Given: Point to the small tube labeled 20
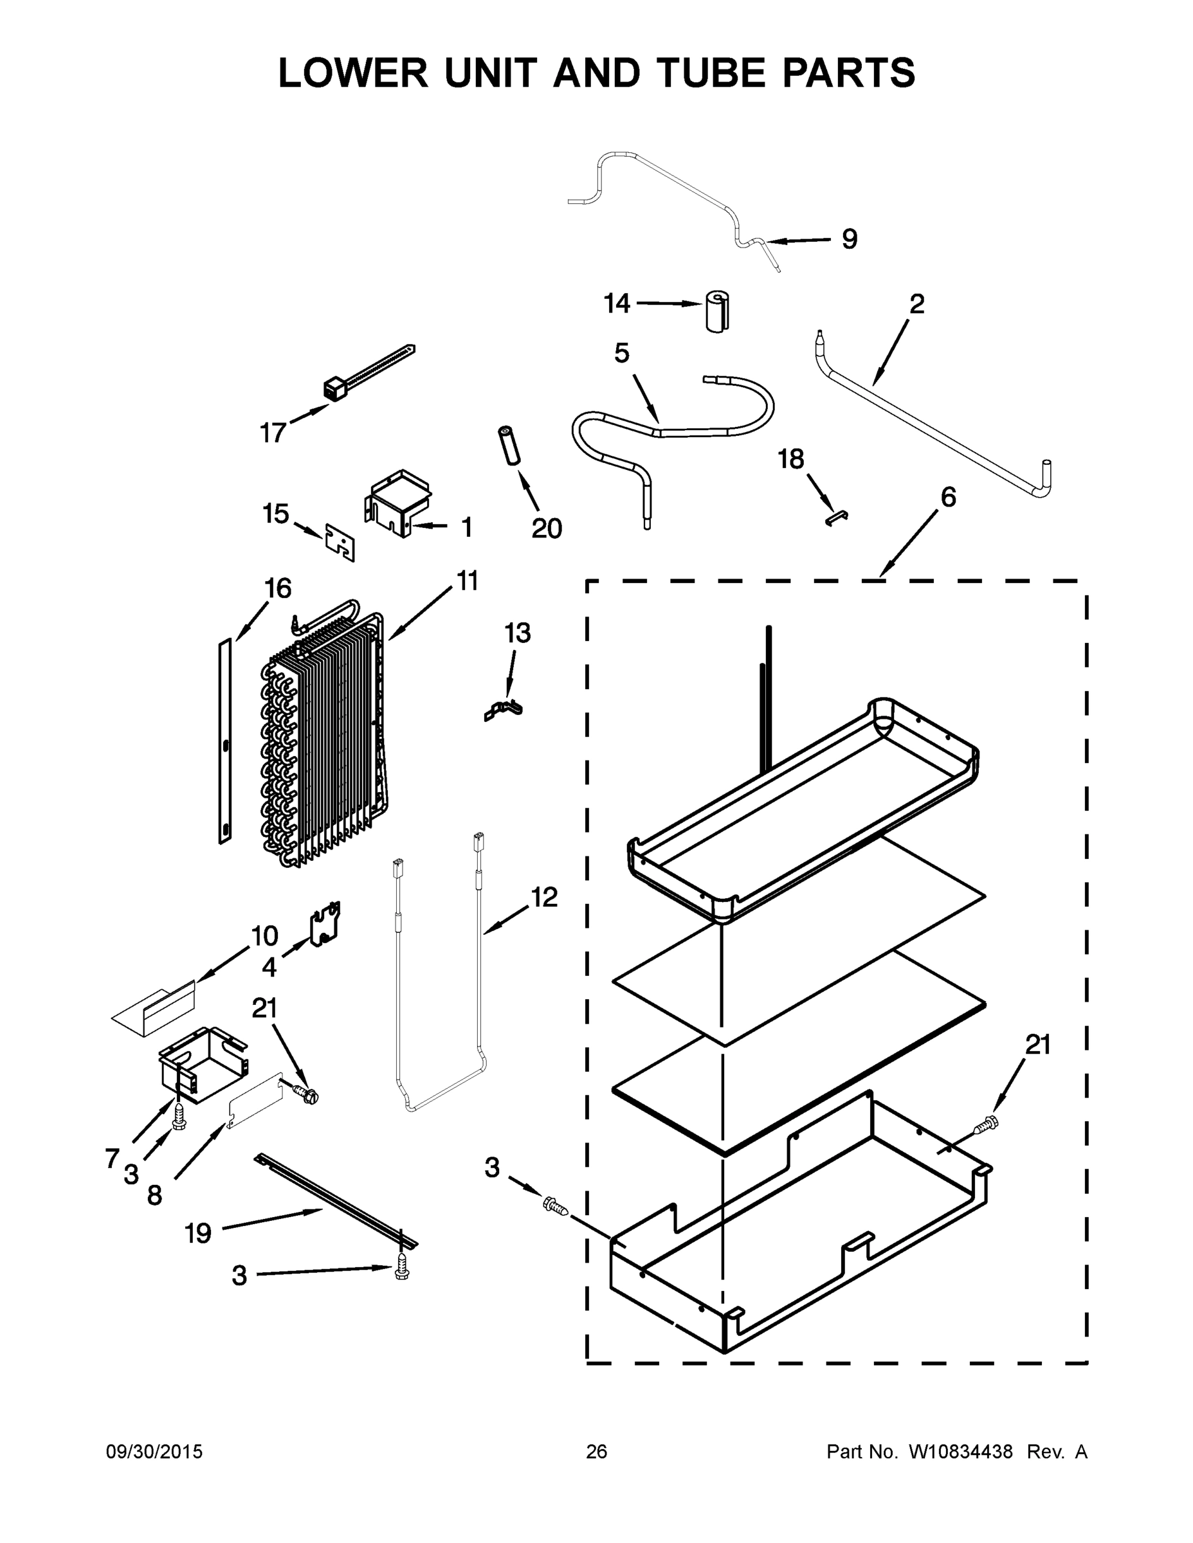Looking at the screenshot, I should click(509, 445).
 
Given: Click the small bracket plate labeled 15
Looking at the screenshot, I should click(340, 542).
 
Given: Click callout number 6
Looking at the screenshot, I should click(948, 498).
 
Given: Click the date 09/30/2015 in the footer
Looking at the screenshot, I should click(154, 1451).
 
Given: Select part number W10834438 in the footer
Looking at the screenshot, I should click(960, 1451).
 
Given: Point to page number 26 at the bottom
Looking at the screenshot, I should click(597, 1451).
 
